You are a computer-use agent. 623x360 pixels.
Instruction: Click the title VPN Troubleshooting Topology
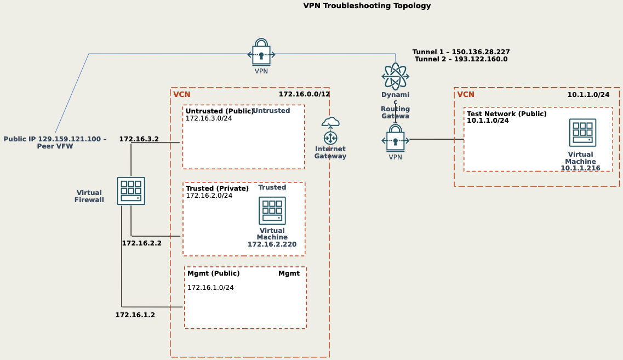(x=367, y=6)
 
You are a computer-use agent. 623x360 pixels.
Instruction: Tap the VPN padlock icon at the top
(x=261, y=53)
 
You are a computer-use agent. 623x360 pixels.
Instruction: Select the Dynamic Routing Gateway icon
(x=395, y=76)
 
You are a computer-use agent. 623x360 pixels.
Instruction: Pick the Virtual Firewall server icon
(x=131, y=191)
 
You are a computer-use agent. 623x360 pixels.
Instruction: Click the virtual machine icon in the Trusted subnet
(x=272, y=211)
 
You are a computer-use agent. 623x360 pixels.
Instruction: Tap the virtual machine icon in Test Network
(x=582, y=133)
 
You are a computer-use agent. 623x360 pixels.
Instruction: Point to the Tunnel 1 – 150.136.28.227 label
(x=461, y=52)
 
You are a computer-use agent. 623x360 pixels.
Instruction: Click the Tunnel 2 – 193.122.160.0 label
(x=461, y=59)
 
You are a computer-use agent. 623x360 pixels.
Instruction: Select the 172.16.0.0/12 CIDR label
(x=304, y=94)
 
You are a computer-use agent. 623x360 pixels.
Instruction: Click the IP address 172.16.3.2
(x=139, y=139)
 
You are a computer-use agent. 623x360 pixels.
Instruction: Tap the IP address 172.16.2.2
(x=141, y=243)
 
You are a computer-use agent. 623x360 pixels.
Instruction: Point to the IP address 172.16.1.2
(x=135, y=315)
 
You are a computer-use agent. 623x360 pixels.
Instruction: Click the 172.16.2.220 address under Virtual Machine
(x=272, y=244)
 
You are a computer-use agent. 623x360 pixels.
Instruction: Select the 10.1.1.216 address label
(x=580, y=168)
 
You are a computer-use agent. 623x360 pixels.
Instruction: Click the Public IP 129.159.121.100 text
(x=55, y=139)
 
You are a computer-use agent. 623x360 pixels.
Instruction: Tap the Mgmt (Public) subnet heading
(x=213, y=273)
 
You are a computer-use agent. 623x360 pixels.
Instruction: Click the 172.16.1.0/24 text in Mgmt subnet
(x=210, y=288)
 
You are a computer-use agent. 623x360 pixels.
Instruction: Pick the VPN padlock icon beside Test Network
(x=395, y=139)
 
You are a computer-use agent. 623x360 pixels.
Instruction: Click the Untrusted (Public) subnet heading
(x=219, y=111)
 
